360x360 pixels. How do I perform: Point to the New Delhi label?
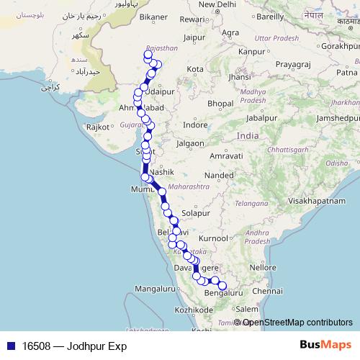click(217, 4)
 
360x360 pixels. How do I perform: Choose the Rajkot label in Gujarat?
click(96, 127)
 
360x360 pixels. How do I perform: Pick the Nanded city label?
click(219, 175)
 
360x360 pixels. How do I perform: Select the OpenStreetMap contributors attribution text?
click(297, 323)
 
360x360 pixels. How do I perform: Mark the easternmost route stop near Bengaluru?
click(222, 286)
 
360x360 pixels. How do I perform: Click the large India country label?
click(247, 136)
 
